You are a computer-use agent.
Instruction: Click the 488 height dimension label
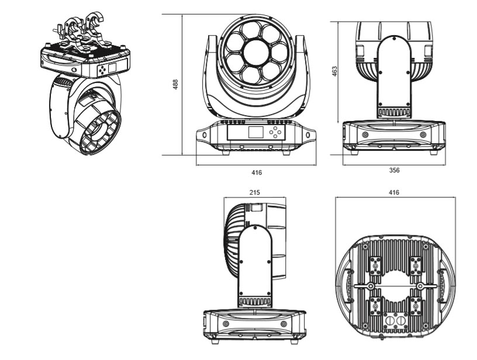175,85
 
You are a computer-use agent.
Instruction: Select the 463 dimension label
334,71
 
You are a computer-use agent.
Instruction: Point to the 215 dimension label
254,192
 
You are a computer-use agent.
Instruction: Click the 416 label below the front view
256,173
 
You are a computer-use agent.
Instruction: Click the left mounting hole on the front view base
204,135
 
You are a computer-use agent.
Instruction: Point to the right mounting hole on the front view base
305,135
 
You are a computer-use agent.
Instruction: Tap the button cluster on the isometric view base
104,68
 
